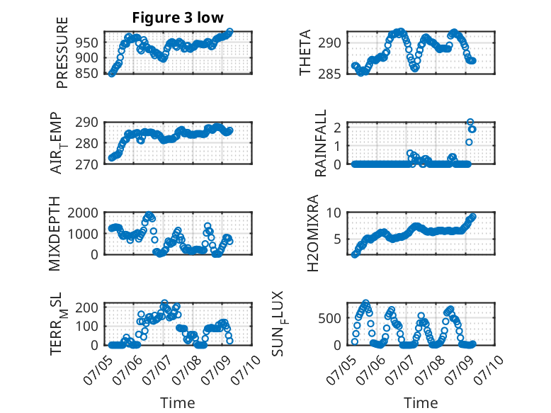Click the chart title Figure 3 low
tap(178, 18)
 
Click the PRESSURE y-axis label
tap(62, 52)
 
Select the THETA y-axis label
tap(305, 52)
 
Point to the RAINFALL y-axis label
tap(321, 143)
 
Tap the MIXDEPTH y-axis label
tap(55, 234)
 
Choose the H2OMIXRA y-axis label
tap(312, 233)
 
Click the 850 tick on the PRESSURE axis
tap(86, 73)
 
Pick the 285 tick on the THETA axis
tap(329, 74)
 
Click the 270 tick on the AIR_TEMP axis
tap(86, 164)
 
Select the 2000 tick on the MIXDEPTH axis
tap(83, 213)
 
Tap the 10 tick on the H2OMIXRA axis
tap(334, 213)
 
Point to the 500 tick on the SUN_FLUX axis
tap(329, 319)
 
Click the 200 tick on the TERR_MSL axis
tap(86, 307)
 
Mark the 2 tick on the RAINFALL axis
tap(337, 128)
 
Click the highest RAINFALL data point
tap(470, 122)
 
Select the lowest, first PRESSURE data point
tap(112, 74)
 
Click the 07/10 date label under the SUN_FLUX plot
tap(488, 369)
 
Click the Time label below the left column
tap(178, 403)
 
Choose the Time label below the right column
tap(421, 403)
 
